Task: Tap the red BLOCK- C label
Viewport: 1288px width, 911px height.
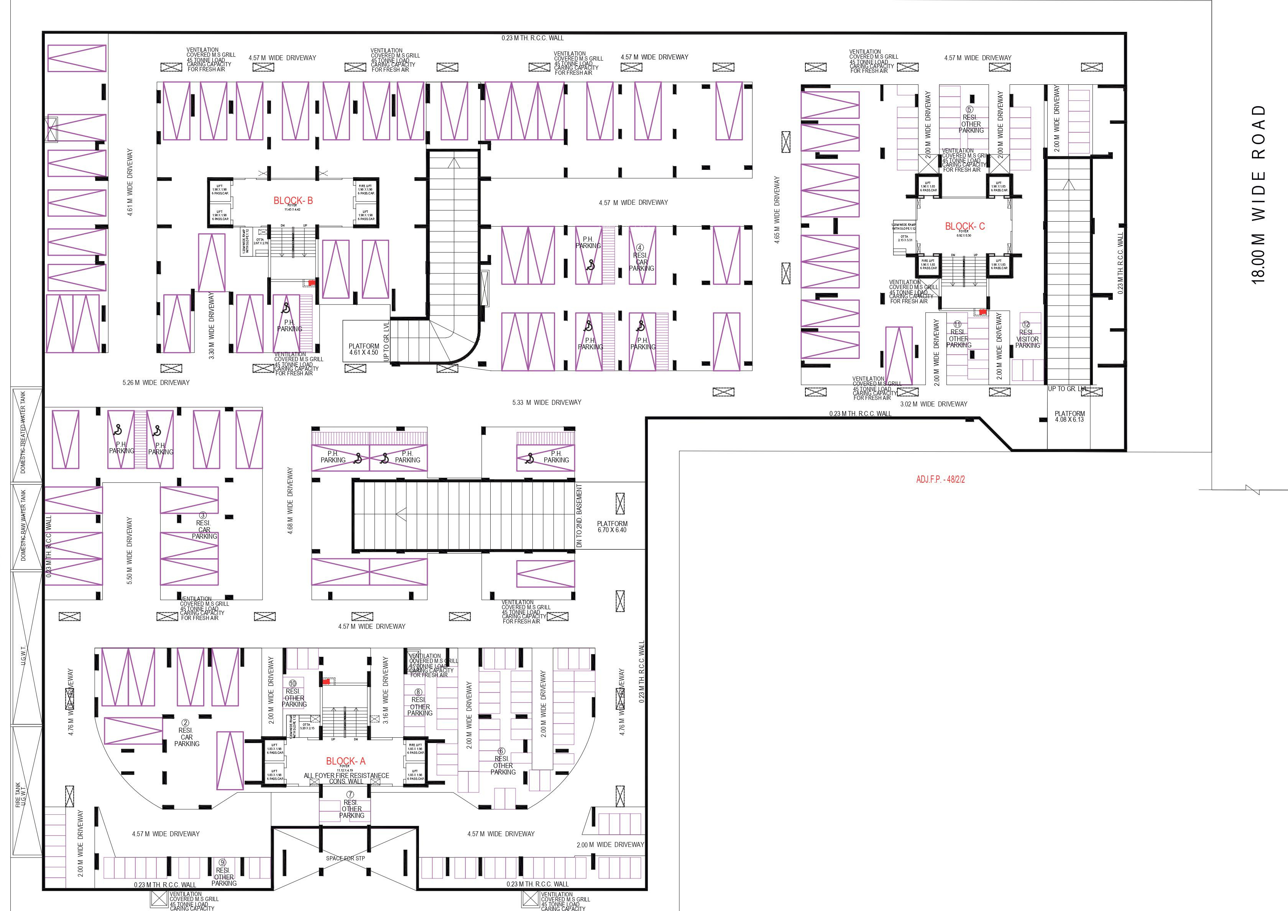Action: [x=964, y=226]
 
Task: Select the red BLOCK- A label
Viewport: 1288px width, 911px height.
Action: [x=345, y=761]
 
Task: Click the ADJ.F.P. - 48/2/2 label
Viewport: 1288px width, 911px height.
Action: [x=940, y=480]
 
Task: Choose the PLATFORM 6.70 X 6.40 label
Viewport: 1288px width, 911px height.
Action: [x=612, y=527]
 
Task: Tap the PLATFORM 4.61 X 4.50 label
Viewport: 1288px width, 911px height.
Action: [x=363, y=349]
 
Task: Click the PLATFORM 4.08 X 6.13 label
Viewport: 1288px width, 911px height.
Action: [x=1069, y=417]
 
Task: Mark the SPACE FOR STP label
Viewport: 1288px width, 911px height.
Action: [x=345, y=858]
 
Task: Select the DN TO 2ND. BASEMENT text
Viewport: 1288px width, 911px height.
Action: [x=580, y=516]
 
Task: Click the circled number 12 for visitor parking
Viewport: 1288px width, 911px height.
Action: [x=1026, y=325]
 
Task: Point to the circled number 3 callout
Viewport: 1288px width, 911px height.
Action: [x=203, y=516]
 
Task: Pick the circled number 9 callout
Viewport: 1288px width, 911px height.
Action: [x=222, y=863]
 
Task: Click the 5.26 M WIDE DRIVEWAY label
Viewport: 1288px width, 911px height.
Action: [x=156, y=383]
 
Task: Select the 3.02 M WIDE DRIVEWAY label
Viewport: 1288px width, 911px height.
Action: [x=933, y=404]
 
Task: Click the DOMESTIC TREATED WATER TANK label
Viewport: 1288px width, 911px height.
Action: [x=23, y=432]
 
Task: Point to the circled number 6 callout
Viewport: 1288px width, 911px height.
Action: [x=501, y=751]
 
